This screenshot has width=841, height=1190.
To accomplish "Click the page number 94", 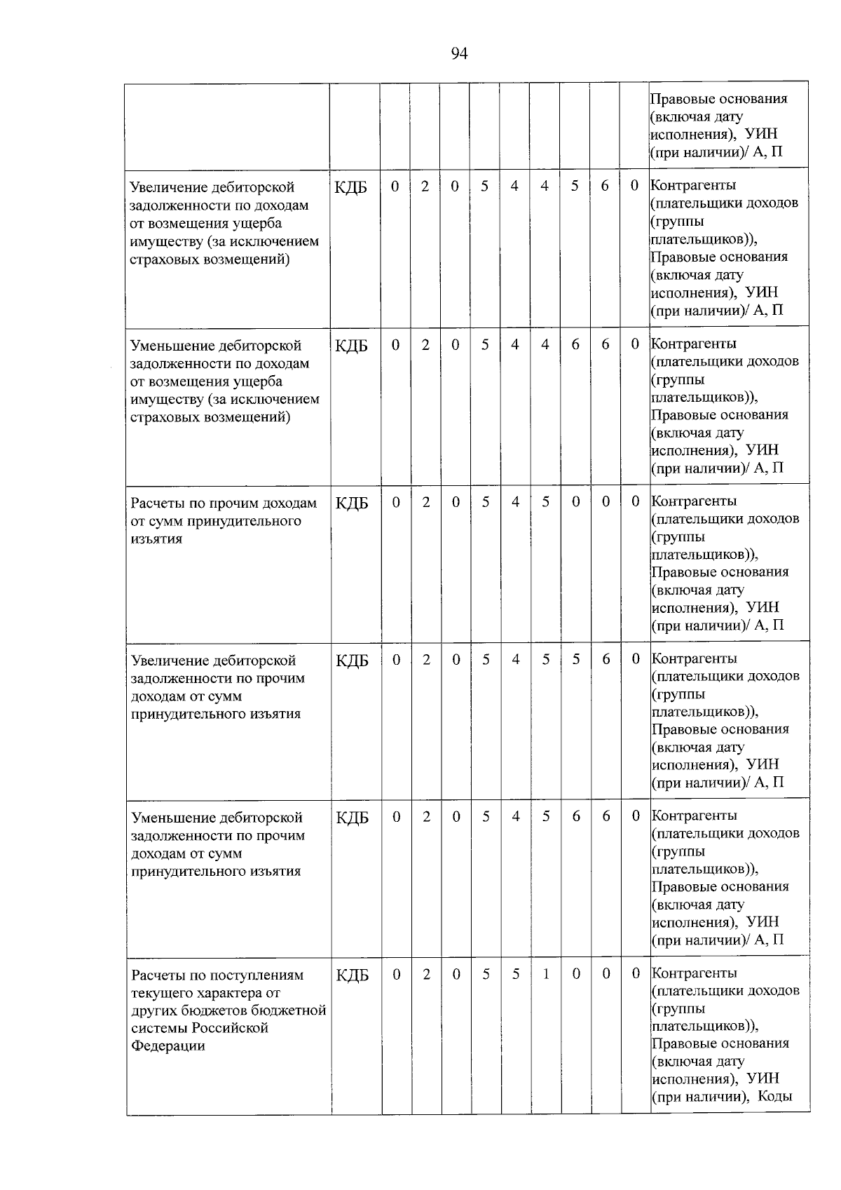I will (459, 54).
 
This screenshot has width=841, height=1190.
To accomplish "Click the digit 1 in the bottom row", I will (546, 973).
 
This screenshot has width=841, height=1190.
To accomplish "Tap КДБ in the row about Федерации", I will (352, 975).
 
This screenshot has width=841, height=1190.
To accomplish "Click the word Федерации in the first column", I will (167, 1046).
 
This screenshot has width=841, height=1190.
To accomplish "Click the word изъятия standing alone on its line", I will (156, 539).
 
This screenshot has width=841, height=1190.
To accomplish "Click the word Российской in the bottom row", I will (234, 1027).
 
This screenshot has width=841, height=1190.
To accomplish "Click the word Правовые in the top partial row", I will (680, 99).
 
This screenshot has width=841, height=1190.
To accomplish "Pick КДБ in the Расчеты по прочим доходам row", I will (352, 503).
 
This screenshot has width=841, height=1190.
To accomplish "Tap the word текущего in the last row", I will (161, 992).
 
